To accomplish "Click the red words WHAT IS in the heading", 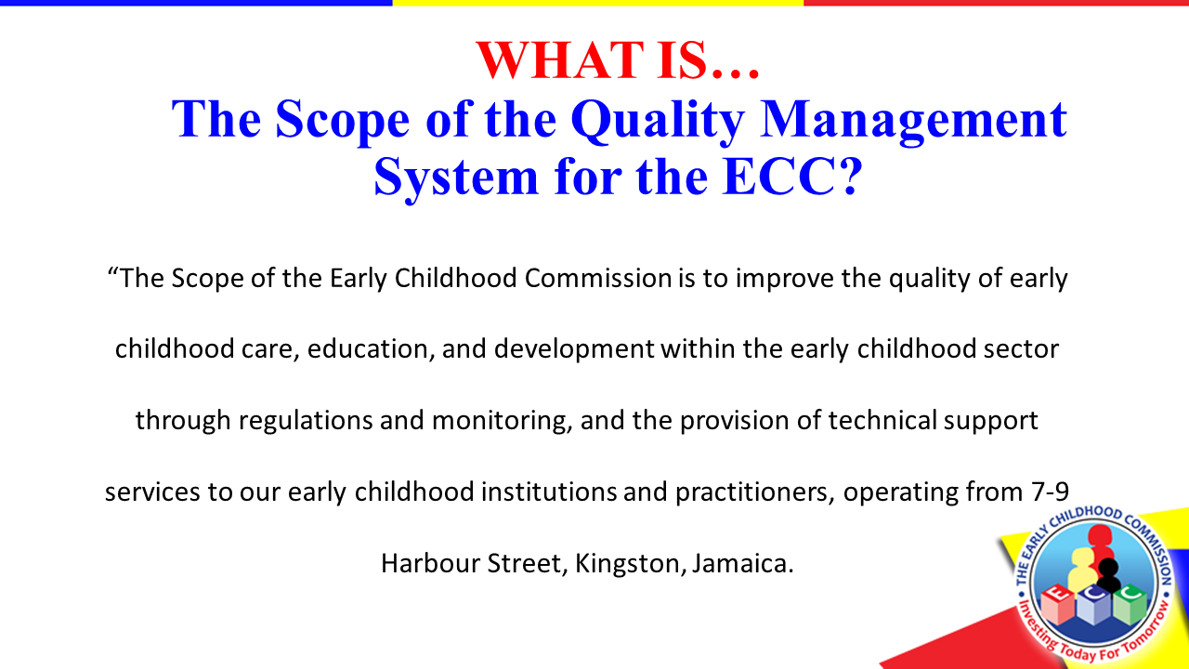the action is (592, 60).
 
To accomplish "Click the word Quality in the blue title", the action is (657, 122).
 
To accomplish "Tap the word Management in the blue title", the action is (913, 122).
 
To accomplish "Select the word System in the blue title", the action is (456, 178).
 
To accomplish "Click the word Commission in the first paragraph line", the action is (598, 278).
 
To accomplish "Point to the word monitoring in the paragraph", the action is (503, 422).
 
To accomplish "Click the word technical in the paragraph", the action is (882, 421).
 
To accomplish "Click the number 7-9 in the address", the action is (1050, 492).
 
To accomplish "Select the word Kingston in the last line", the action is (627, 564).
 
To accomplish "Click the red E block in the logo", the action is (1059, 604).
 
